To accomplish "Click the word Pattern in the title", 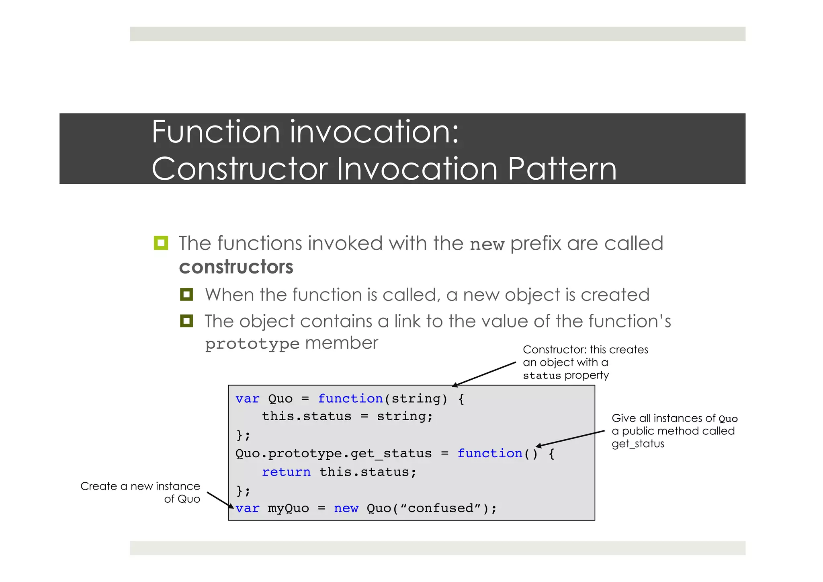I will [562, 169].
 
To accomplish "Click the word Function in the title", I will [216, 132].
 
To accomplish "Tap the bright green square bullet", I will [161, 243].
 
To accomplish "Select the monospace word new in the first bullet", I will [487, 245].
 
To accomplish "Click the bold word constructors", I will [236, 267].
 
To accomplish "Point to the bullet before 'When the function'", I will [186, 294].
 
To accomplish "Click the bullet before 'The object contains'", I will [186, 321].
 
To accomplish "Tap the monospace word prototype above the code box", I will [252, 344].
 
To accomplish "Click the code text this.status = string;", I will [347, 416].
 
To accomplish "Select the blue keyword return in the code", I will [286, 472].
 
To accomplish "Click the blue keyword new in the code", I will [346, 508].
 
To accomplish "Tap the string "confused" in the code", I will [440, 508].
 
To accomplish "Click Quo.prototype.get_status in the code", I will [333, 454].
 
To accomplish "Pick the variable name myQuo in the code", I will [289, 508].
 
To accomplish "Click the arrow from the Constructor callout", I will [484, 374].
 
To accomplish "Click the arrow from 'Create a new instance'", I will [220, 500].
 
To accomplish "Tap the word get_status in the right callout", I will [638, 444].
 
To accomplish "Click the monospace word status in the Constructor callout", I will [541, 376].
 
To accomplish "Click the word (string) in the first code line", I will [416, 399].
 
